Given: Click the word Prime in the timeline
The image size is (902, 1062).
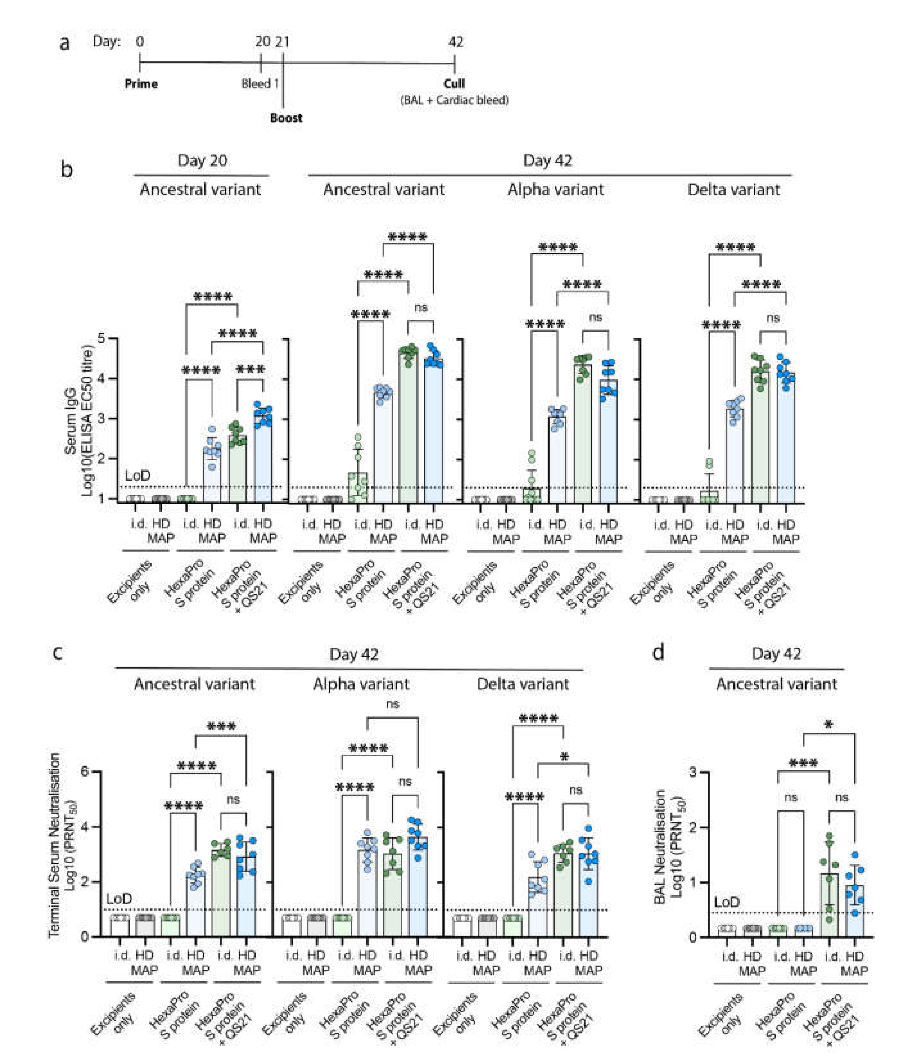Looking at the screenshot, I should (x=141, y=84).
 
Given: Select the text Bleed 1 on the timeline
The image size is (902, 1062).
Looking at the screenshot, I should (x=260, y=84).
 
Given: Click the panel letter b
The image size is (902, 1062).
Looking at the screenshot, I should (x=66, y=169).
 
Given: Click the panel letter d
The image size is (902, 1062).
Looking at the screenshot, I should (x=659, y=653).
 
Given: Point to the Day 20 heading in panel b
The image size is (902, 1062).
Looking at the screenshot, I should (x=202, y=161).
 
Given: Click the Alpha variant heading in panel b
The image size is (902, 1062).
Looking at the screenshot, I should (x=555, y=190).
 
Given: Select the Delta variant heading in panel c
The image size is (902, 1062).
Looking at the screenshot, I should (x=523, y=684).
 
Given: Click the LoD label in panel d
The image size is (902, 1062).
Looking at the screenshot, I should (x=727, y=902).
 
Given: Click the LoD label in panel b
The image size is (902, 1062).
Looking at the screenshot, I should (x=138, y=476).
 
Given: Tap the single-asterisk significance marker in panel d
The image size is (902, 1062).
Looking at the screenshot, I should (x=829, y=725).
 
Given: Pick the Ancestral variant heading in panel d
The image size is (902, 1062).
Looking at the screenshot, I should (x=776, y=684).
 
